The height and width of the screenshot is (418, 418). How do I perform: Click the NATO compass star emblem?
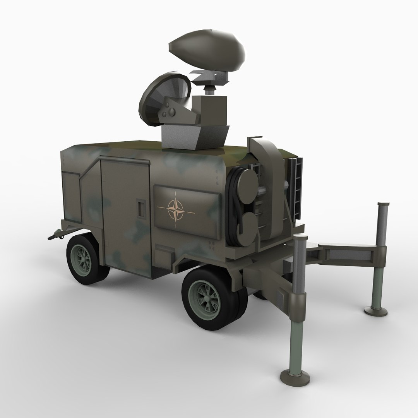coord(176,210)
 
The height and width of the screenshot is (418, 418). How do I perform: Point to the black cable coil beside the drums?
coord(233,209)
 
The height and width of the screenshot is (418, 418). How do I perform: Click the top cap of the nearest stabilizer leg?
coord(300,237)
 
